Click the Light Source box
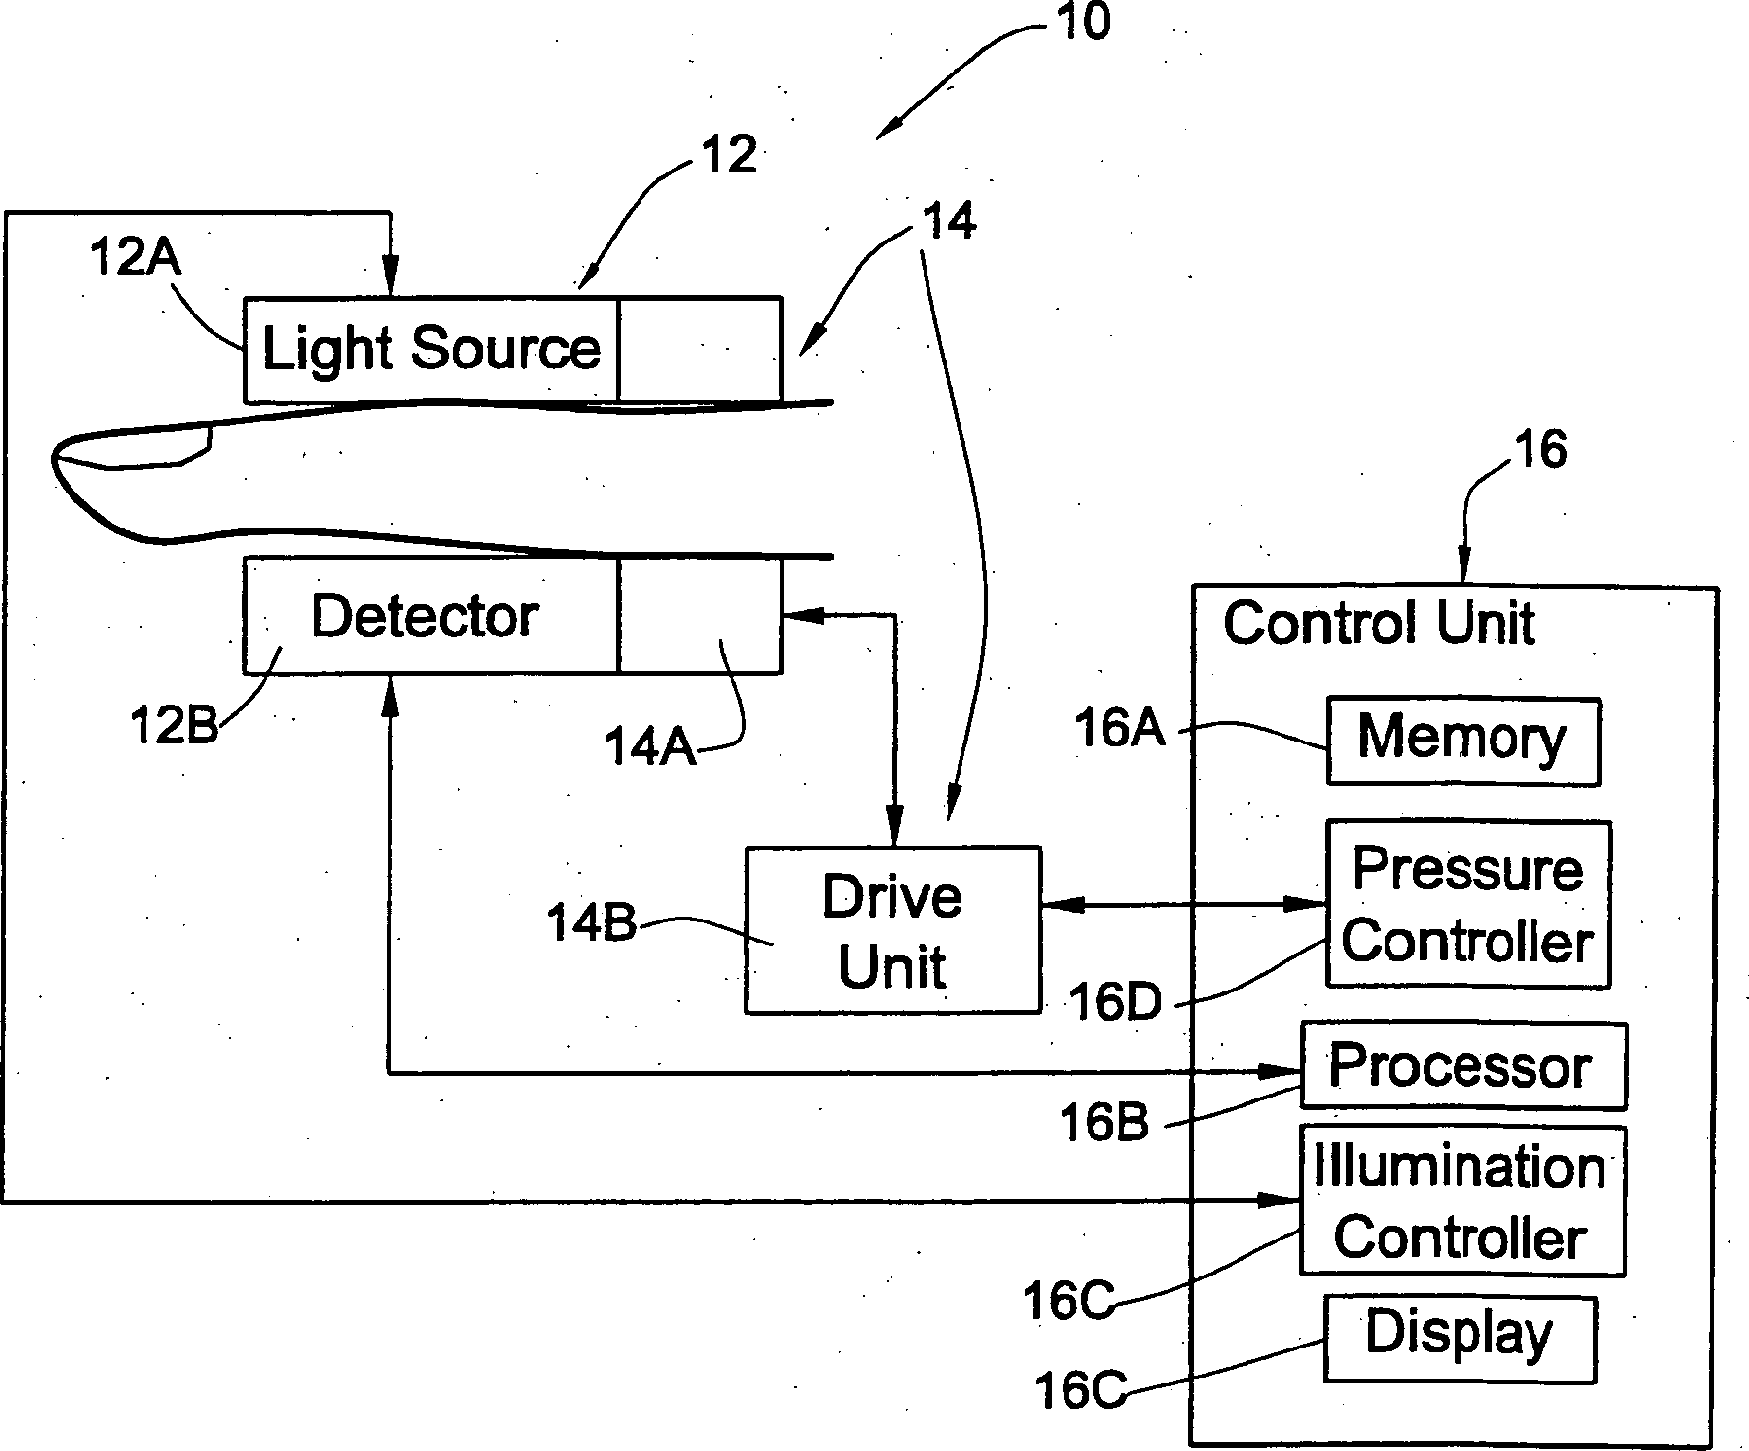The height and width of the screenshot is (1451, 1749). [x=431, y=349]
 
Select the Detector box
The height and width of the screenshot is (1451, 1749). [x=431, y=616]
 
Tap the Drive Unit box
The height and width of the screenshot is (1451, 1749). [x=893, y=930]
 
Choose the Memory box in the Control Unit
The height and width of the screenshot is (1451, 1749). [x=1463, y=741]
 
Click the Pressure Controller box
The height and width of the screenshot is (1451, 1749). [x=1468, y=904]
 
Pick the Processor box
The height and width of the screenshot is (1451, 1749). [x=1463, y=1066]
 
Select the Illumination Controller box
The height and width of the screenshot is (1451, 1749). [x=1462, y=1201]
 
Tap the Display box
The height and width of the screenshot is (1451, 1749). [x=1460, y=1339]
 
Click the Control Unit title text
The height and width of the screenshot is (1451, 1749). [x=1379, y=623]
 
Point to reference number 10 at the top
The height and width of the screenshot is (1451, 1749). [x=1082, y=22]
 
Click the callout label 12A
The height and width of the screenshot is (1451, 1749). [x=135, y=257]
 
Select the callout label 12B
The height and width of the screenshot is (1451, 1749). [x=175, y=726]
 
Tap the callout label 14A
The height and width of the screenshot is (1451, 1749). [x=650, y=746]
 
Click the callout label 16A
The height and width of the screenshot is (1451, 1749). [x=1119, y=729]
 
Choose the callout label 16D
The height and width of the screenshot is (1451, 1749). [x=1115, y=1003]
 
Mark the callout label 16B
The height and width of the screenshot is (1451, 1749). [x=1104, y=1123]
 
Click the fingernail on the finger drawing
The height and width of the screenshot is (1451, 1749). [x=134, y=447]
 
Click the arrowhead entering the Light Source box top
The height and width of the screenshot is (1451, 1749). [x=391, y=279]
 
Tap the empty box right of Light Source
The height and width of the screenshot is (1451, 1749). [x=699, y=349]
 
